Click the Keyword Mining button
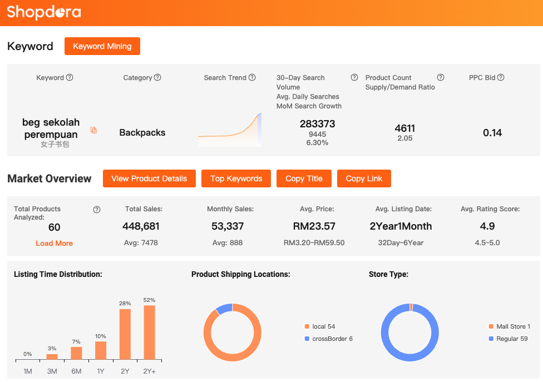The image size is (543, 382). click(102, 46)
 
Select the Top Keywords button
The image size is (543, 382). click(236, 178)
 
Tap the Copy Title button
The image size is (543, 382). click(304, 178)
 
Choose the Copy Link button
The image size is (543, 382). click(364, 178)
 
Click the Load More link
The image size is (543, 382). click(54, 243)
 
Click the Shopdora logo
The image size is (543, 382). click(44, 12)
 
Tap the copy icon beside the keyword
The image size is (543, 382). click(93, 131)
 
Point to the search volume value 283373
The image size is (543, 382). click(317, 123)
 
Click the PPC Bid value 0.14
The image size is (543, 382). click(492, 132)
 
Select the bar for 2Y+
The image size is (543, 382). click(149, 332)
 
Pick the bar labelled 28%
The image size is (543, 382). click(125, 334)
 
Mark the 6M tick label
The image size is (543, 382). click(76, 370)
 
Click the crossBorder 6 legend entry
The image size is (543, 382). click(332, 339)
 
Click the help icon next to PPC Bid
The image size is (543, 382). click(501, 78)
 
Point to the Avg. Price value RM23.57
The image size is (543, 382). click(314, 226)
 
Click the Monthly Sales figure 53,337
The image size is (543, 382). click(228, 226)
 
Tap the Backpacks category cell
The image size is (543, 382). click(142, 132)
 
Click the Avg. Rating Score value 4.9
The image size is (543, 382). click(488, 226)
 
